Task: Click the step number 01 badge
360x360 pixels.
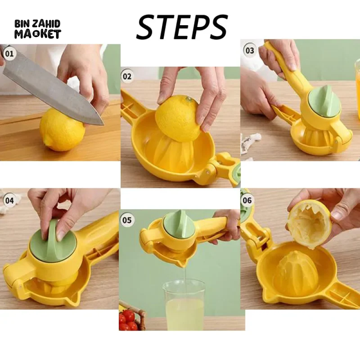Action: (x=9, y=54)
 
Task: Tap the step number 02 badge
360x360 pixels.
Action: (x=127, y=76)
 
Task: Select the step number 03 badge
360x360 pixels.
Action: (x=249, y=50)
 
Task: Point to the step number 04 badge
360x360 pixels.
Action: (x=9, y=200)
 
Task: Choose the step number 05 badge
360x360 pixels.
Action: (x=127, y=220)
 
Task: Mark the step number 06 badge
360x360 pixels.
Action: (x=247, y=200)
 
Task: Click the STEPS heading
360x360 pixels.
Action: (x=182, y=27)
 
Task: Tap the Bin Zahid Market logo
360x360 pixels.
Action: (x=38, y=29)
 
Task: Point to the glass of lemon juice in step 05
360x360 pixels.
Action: (x=184, y=305)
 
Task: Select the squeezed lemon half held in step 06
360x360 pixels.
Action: (x=309, y=224)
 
